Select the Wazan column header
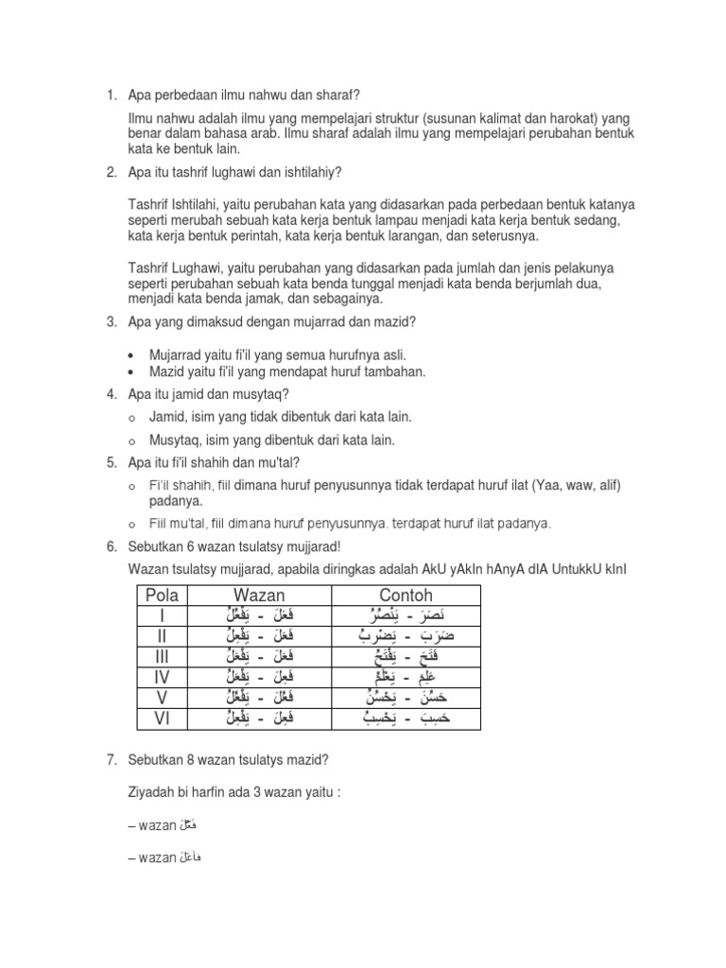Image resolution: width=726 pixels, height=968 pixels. click(258, 596)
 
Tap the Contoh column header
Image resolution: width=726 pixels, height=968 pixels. click(406, 596)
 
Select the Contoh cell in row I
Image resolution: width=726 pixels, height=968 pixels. click(406, 615)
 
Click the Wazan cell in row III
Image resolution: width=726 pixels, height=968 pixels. click(258, 657)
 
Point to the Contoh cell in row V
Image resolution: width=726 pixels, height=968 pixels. click(406, 698)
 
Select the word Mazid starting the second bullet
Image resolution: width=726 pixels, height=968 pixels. click(168, 372)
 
